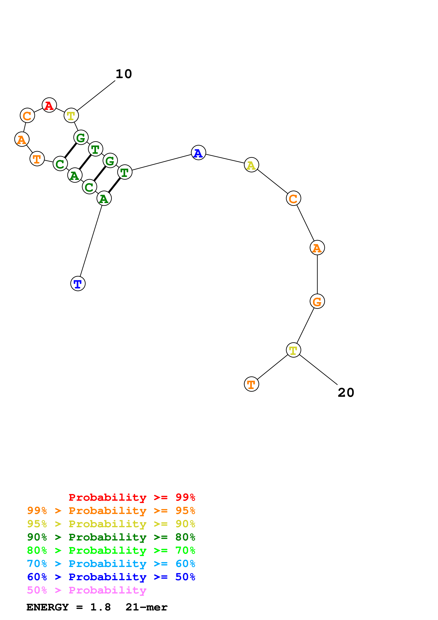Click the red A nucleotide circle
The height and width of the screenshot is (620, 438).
(49, 105)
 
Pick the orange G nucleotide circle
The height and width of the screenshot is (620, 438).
(317, 301)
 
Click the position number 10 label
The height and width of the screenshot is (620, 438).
(124, 74)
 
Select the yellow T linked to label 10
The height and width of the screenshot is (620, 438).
(71, 116)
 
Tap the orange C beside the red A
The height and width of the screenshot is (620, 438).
(27, 116)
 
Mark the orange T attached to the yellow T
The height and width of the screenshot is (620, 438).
(251, 384)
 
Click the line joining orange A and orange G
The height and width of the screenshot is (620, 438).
(317, 274)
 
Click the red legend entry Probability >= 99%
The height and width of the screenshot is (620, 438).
(132, 497)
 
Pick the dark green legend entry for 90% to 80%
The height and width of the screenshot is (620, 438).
(111, 537)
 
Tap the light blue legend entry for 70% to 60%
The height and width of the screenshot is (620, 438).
(111, 564)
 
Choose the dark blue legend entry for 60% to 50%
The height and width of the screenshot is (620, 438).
(111, 577)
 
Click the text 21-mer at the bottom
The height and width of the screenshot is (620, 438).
(146, 607)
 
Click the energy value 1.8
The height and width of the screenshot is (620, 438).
(100, 607)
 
